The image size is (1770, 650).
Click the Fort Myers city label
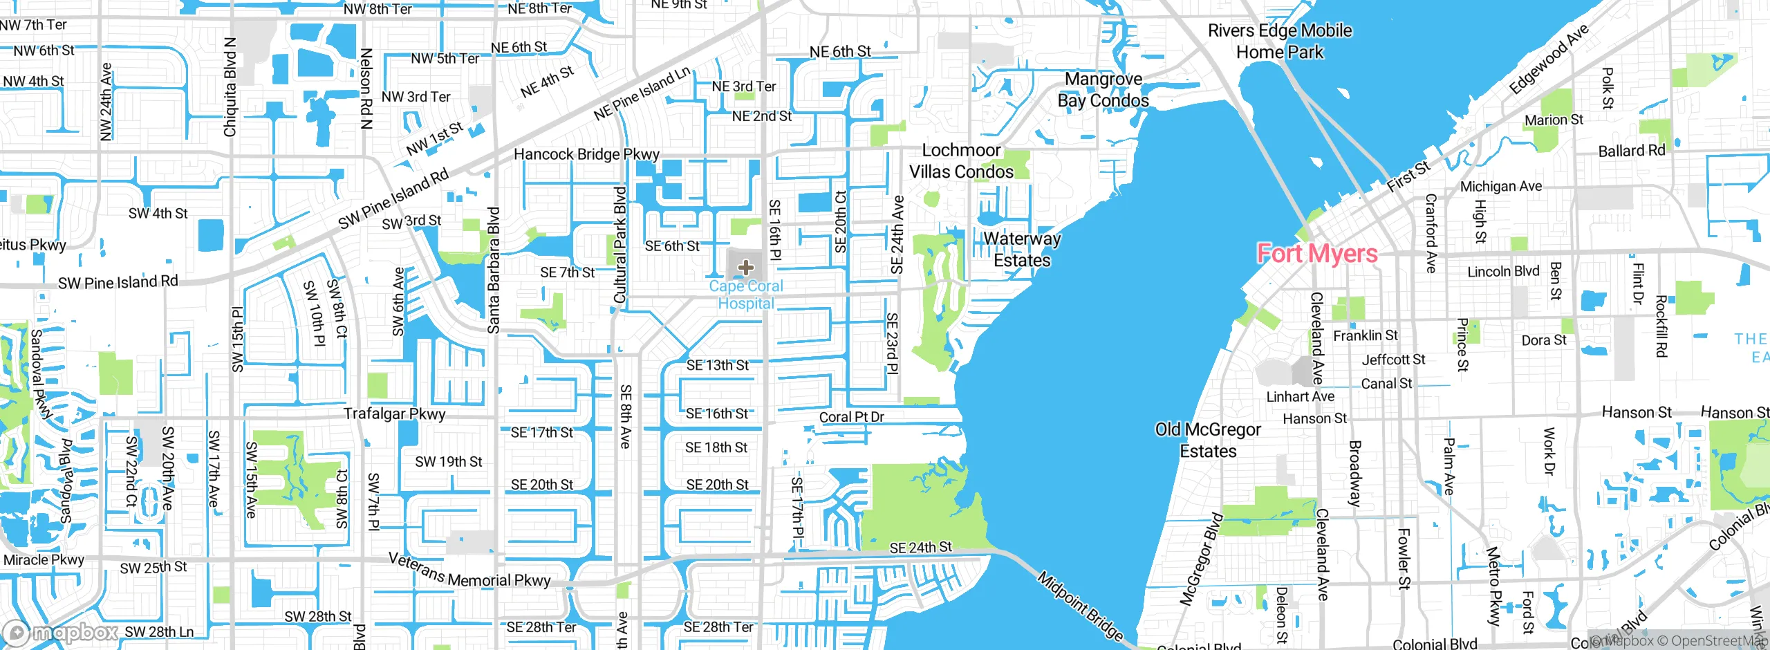[1317, 254]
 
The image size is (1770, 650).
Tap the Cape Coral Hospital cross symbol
[745, 267]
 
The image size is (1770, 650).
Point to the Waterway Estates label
[1021, 250]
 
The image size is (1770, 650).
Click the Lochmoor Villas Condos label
[961, 161]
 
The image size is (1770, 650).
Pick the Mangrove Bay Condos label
[1103, 90]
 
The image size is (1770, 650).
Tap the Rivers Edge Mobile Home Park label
[1280, 41]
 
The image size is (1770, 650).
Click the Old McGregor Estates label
[1208, 440]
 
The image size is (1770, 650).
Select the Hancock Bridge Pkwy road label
[586, 154]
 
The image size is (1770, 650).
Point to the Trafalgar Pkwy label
[395, 414]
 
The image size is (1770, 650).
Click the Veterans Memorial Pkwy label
[469, 571]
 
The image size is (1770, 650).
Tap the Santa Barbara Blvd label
[494, 270]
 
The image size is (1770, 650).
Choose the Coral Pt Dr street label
[852, 417]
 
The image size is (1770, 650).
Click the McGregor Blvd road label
[1202, 559]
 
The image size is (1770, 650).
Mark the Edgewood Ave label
[1549, 59]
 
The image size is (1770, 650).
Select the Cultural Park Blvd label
[620, 245]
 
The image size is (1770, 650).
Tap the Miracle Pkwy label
[44, 559]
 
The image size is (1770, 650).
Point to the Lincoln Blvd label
[1503, 272]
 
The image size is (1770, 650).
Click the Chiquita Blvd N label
[230, 87]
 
